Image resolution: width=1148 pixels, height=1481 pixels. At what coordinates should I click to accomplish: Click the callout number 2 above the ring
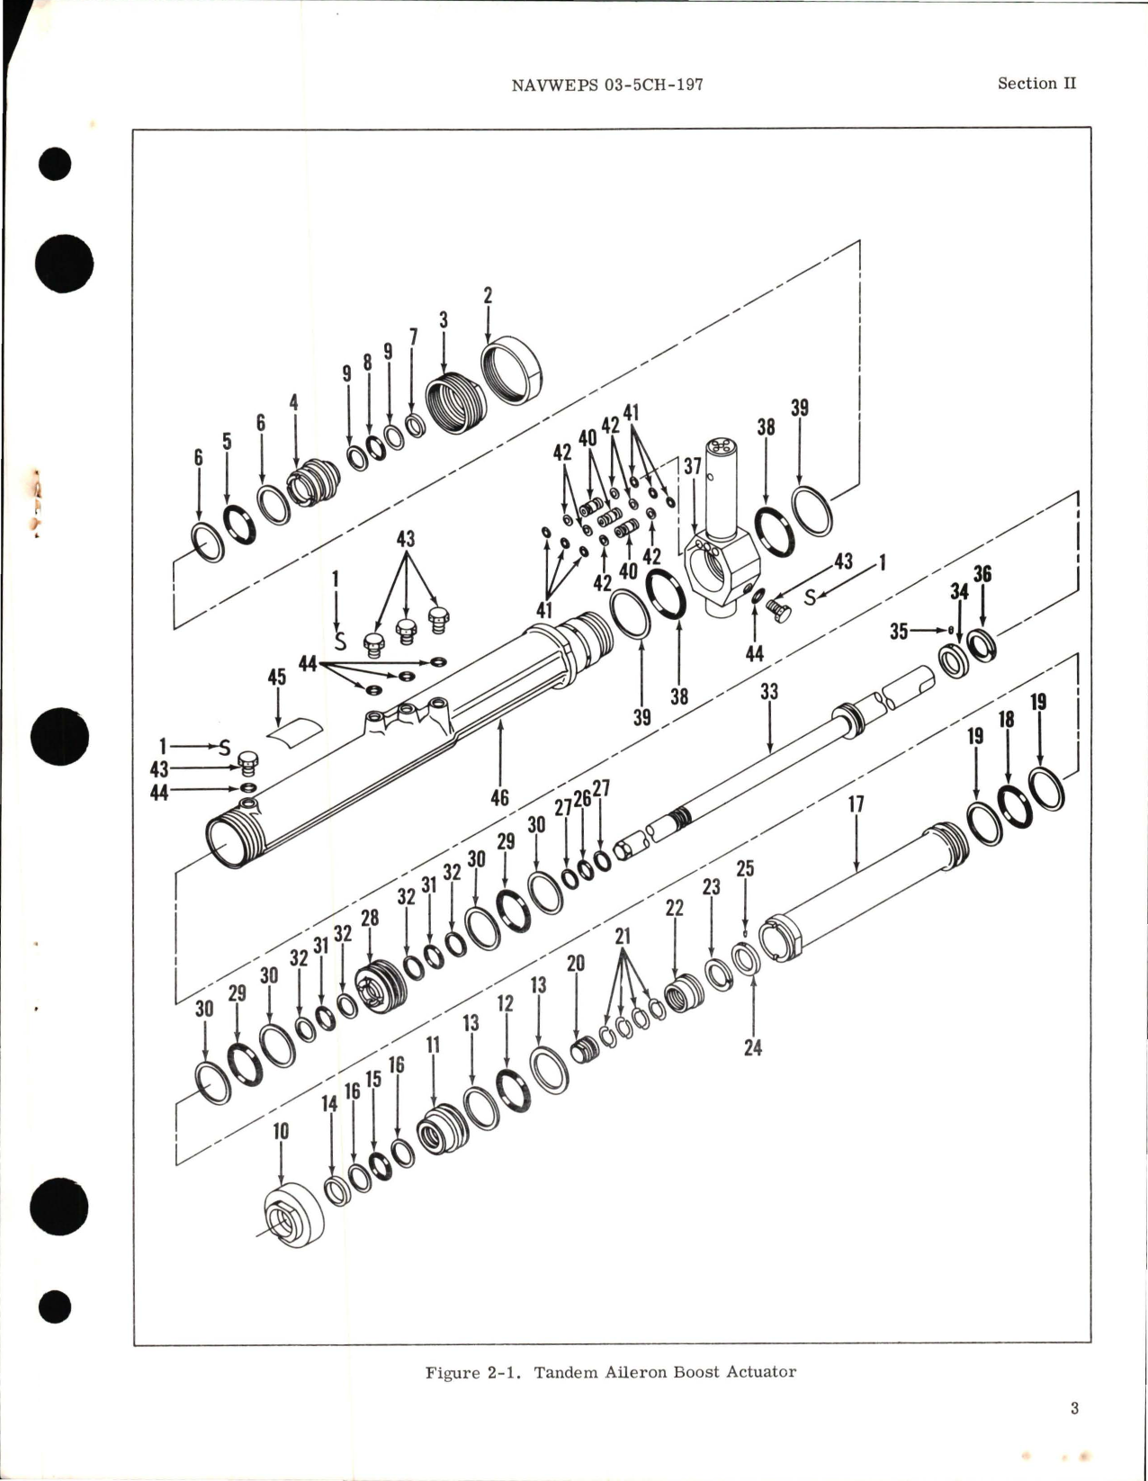(489, 295)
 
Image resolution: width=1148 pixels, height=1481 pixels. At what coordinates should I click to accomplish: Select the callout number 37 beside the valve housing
(692, 465)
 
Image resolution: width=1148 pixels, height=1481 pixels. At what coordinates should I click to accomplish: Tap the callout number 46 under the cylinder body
(499, 797)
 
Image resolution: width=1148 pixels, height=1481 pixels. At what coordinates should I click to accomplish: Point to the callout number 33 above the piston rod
(769, 691)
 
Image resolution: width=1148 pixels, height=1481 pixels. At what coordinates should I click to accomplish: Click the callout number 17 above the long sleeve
(856, 804)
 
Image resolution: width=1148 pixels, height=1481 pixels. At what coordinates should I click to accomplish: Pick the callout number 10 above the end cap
(281, 1131)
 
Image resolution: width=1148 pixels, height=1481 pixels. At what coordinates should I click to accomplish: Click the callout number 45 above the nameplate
(277, 676)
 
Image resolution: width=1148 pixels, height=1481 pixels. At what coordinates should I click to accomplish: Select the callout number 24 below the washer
(753, 1047)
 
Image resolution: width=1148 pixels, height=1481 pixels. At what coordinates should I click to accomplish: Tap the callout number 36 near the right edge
(982, 573)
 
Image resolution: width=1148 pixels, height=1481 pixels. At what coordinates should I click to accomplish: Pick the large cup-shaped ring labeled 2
(513, 372)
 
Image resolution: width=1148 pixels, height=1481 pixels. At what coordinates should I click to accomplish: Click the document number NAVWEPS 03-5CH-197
(606, 85)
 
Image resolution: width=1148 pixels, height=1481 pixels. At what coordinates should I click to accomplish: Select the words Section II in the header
(1036, 83)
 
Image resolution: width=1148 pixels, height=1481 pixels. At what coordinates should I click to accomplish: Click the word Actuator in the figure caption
(761, 1372)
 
